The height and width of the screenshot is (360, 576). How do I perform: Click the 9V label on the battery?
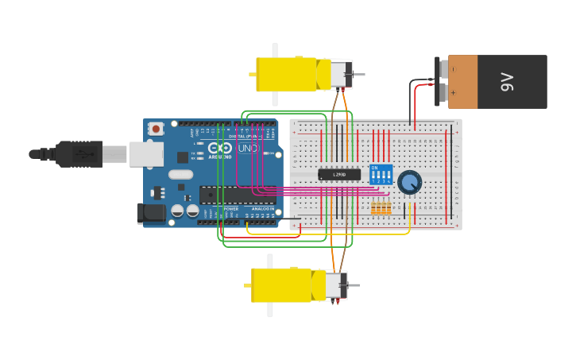[x=508, y=82]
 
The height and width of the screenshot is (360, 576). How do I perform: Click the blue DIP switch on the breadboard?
[x=381, y=175]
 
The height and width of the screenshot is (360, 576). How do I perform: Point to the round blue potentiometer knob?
[x=409, y=182]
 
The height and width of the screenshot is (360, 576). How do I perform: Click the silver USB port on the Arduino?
[x=145, y=154]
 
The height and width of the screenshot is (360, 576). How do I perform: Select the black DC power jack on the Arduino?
[x=150, y=213]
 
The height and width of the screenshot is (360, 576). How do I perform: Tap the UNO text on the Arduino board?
[x=248, y=148]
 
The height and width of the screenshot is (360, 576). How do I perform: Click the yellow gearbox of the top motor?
[x=286, y=75]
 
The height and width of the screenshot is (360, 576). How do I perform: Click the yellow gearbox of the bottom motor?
[x=281, y=285]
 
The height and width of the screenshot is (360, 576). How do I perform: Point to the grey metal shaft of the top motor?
[x=358, y=75]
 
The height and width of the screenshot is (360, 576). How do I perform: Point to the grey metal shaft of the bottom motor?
[x=354, y=285]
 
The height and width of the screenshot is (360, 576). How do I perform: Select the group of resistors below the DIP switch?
[x=381, y=208]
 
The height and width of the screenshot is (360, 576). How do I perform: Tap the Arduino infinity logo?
[x=220, y=147]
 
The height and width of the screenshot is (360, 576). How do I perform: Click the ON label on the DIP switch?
[x=374, y=168]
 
